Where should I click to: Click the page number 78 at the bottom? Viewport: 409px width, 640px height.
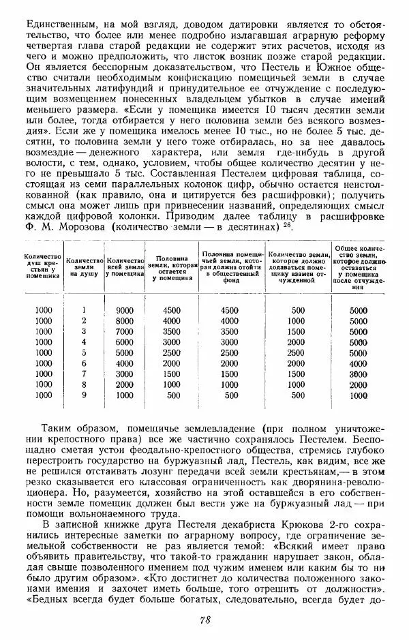(204, 619)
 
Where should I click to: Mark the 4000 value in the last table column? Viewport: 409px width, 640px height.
(359, 363)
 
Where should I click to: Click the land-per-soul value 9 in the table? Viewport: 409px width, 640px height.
(84, 394)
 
